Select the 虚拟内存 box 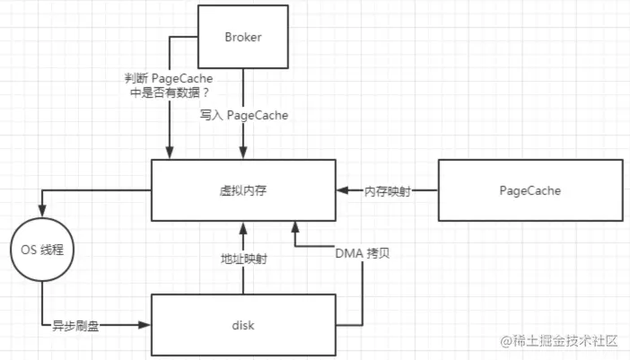coord(243,189)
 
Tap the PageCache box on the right coord(529,189)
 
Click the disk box coord(243,324)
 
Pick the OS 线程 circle coord(40,247)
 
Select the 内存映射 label coord(387,190)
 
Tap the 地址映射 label coord(243,258)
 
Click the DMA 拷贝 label coord(363,252)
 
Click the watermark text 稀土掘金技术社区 coord(566,341)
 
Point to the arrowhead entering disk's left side coord(145,324)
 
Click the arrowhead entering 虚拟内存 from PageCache coord(343,190)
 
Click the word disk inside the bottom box coord(243,324)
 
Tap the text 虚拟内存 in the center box coord(243,189)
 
